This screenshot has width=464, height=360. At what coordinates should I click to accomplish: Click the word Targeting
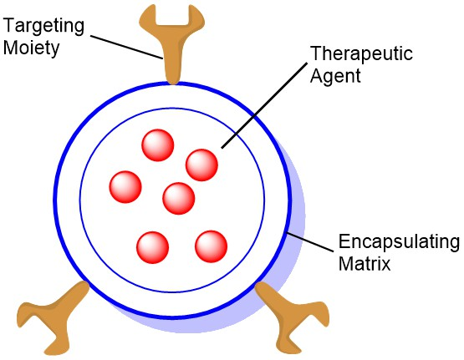[43, 27]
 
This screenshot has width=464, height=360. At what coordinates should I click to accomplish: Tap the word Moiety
[32, 48]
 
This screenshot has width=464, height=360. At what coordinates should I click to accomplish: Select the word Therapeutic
[361, 53]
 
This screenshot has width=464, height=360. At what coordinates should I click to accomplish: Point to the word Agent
[335, 76]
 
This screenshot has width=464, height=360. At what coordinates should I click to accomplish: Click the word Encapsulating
[399, 241]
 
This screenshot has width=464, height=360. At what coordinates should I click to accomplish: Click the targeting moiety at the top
[172, 44]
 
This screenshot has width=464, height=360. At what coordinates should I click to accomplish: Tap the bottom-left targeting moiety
[54, 317]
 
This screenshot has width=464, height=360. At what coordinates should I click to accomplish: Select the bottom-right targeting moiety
[292, 317]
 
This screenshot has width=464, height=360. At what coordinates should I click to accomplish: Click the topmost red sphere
[158, 145]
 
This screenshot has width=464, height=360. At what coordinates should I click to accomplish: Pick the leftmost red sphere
[125, 187]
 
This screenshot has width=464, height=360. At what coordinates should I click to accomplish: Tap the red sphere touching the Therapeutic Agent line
[201, 165]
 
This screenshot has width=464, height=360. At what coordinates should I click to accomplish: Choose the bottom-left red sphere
[153, 247]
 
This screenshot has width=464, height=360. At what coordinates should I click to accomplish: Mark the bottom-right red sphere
[212, 246]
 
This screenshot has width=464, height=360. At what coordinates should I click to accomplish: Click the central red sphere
[179, 198]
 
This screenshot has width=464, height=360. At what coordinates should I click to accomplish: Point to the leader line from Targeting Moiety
[126, 48]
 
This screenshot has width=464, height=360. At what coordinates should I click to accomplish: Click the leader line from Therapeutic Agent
[264, 105]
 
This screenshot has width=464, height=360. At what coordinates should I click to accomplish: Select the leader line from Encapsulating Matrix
[311, 243]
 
